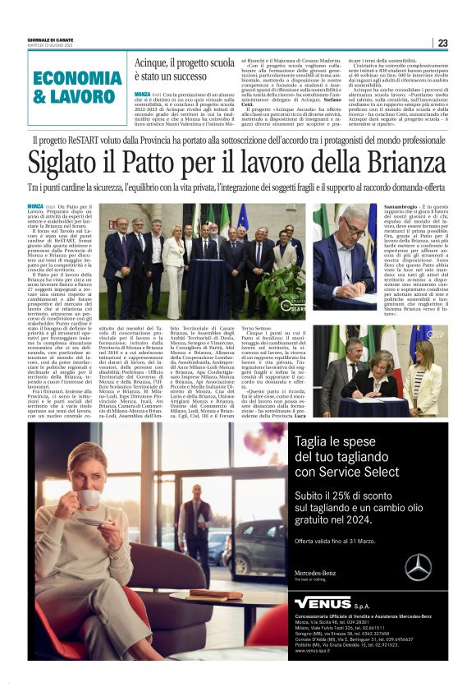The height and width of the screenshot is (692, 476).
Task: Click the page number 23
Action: pyautogui.click(x=442, y=44)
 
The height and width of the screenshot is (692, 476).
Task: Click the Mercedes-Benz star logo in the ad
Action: pyautogui.click(x=418, y=566)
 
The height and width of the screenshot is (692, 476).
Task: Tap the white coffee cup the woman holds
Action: pyautogui.click(x=88, y=499)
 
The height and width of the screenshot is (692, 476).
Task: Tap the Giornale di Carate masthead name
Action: pyautogui.click(x=51, y=39)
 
